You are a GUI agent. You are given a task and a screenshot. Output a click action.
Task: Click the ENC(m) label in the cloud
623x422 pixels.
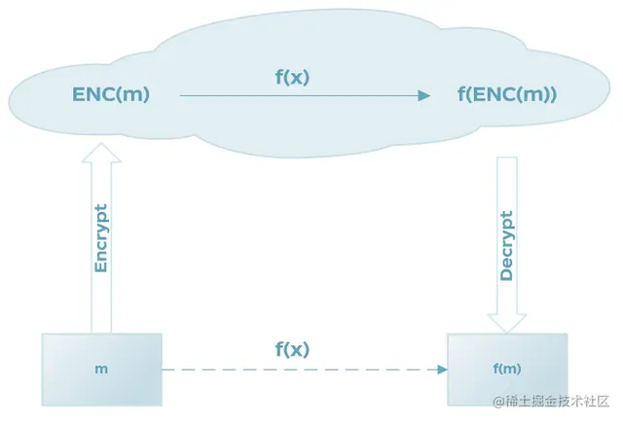(x=111, y=94)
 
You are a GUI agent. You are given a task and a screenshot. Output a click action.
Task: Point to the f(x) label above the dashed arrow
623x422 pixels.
(x=292, y=349)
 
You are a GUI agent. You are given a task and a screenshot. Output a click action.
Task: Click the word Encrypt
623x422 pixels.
(x=101, y=237)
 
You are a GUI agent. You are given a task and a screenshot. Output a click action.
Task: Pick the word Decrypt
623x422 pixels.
(x=506, y=245)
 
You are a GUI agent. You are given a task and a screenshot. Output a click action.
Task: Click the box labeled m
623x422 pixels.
(x=101, y=369)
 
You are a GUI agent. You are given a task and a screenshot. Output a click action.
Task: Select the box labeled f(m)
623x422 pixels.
(x=506, y=369)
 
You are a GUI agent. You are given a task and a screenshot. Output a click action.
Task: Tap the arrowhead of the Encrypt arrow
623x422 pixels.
(x=101, y=152)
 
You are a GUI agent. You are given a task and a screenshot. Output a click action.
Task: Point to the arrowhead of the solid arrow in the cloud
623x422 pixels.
(x=423, y=95)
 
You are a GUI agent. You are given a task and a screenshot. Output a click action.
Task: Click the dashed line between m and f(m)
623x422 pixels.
(x=292, y=369)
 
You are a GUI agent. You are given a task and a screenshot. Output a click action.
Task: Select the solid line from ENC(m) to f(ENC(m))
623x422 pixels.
(x=292, y=95)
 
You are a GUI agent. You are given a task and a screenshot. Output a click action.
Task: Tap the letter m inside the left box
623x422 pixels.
(x=101, y=369)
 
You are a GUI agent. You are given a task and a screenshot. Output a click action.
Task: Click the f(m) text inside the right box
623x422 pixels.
(x=506, y=369)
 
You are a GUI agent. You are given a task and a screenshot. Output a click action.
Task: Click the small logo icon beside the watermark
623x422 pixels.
(x=496, y=401)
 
